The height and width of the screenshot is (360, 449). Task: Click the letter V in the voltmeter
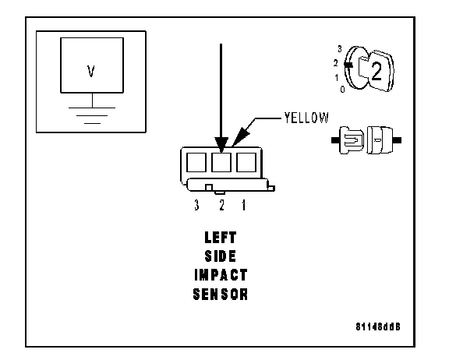click(x=90, y=71)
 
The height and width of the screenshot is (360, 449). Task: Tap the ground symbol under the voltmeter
click(x=92, y=115)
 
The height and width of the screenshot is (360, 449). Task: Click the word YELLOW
click(x=306, y=118)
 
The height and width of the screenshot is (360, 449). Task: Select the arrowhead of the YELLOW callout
click(x=240, y=137)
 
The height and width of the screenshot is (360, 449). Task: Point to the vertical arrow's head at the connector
click(x=221, y=145)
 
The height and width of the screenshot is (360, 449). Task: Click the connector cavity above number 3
click(x=196, y=162)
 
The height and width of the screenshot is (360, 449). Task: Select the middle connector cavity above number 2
click(x=221, y=162)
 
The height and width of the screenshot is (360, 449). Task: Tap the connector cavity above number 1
click(x=246, y=162)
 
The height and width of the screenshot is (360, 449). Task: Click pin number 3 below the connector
click(x=196, y=205)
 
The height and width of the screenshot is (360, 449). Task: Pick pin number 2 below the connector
click(x=221, y=205)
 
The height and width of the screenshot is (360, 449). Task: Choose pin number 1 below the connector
click(x=244, y=205)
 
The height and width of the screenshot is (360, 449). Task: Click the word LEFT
click(x=221, y=238)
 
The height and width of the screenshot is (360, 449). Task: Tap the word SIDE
click(x=221, y=256)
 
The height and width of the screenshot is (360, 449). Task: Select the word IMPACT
click(x=221, y=275)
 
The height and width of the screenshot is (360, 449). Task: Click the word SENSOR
click(x=220, y=295)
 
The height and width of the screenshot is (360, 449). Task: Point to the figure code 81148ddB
click(x=378, y=326)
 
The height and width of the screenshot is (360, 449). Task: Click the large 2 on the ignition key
click(x=377, y=71)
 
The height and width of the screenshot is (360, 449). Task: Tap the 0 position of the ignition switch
click(x=342, y=90)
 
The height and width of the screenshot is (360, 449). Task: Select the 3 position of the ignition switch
click(x=340, y=49)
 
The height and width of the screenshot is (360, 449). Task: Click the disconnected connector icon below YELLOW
click(x=366, y=140)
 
